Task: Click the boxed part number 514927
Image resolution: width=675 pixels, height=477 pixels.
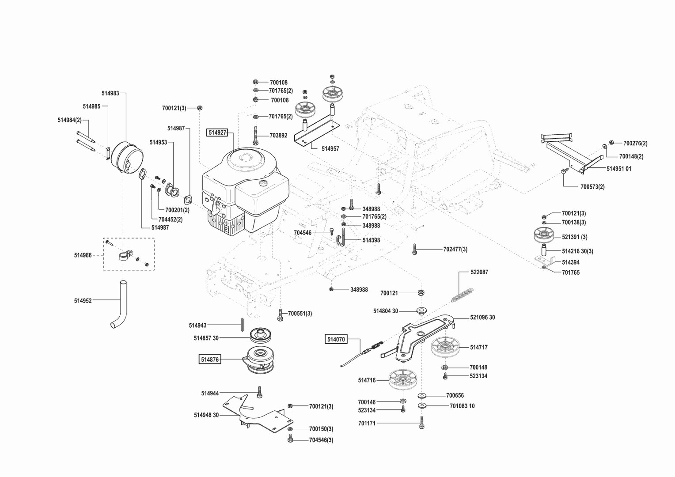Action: tap(217, 132)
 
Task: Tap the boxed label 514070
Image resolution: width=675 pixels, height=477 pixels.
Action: tap(336, 339)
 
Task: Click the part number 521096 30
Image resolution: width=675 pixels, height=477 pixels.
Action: tap(482, 318)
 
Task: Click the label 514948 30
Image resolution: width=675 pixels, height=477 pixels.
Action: tap(206, 415)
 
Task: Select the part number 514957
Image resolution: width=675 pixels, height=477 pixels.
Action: tap(330, 149)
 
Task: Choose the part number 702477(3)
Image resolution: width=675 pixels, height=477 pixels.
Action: tap(455, 250)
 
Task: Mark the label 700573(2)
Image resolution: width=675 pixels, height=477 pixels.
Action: tap(592, 187)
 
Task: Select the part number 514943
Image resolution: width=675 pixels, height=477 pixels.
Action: tap(197, 326)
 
